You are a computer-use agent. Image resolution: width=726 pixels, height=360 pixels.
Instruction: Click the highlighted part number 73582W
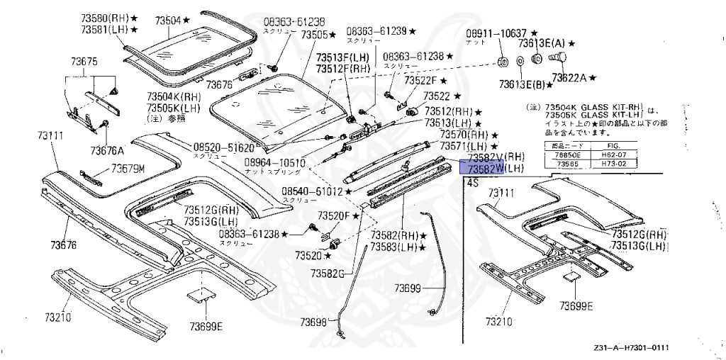(482, 168)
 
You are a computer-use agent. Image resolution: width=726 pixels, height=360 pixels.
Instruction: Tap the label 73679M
(127, 169)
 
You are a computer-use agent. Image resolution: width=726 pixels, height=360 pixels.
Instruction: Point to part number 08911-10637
(496, 33)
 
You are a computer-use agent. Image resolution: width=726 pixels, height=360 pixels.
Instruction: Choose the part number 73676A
(106, 150)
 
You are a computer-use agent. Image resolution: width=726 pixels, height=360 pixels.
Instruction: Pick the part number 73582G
(326, 273)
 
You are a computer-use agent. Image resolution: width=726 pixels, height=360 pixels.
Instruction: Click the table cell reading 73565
(566, 162)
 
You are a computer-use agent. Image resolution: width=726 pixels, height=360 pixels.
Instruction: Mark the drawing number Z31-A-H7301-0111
(631, 348)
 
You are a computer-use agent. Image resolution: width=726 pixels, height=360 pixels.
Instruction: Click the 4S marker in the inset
(471, 182)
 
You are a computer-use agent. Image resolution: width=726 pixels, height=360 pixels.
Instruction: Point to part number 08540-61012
(312, 191)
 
